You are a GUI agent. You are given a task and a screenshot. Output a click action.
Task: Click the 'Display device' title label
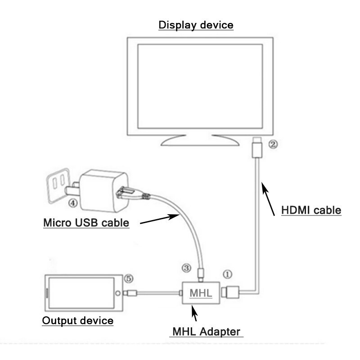196,24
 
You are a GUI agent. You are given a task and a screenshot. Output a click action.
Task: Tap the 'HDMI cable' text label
311,210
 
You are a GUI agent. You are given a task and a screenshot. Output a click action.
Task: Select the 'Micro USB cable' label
86,222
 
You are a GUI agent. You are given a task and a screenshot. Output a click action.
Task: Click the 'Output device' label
77,320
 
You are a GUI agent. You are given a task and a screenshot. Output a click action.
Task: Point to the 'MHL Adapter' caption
207,332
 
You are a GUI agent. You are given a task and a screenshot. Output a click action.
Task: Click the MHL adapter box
200,292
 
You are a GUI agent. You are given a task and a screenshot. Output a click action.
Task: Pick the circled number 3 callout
186,268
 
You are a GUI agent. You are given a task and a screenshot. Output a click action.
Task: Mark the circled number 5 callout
129,279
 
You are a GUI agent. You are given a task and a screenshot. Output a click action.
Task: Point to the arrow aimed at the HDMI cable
269,198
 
